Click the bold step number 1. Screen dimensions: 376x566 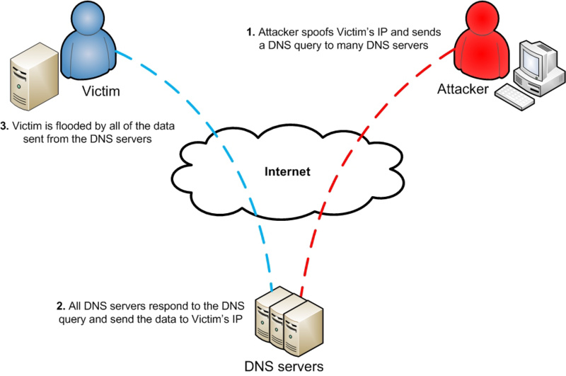pos(250,33)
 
